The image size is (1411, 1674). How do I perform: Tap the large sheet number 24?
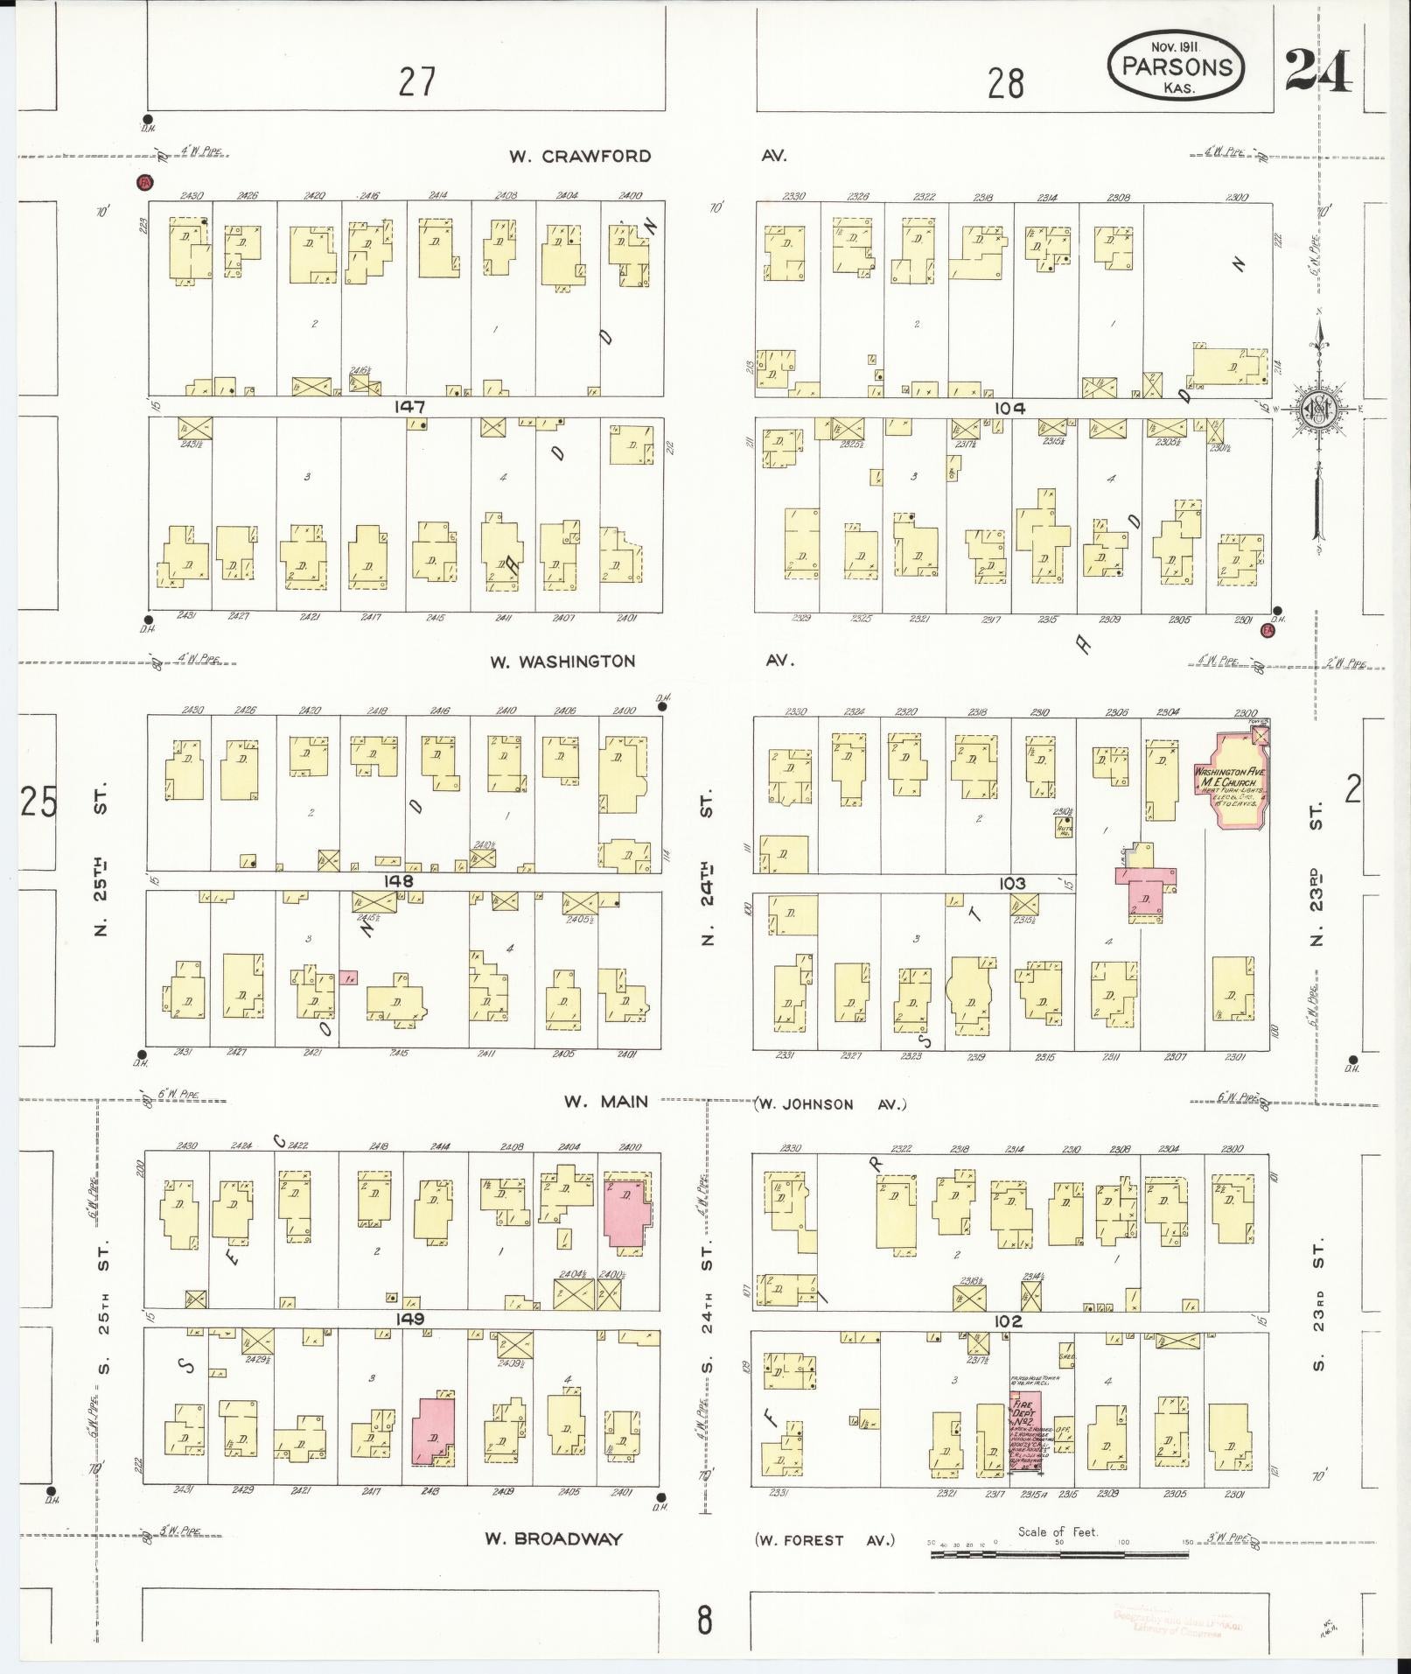click(x=1317, y=71)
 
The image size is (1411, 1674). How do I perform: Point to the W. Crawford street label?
click(x=580, y=157)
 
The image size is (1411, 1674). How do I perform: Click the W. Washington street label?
click(x=562, y=662)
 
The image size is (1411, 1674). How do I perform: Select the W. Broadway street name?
click(x=554, y=1539)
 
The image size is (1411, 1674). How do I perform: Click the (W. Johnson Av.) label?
click(x=829, y=1104)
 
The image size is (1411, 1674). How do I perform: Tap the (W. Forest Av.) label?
click(x=824, y=1540)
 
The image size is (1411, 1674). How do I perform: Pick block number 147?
click(x=409, y=407)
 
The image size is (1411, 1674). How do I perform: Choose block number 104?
click(x=1009, y=408)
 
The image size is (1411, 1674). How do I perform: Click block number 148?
click(x=398, y=881)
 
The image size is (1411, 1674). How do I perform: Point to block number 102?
click(x=1008, y=1320)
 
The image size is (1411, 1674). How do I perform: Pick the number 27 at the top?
click(x=417, y=82)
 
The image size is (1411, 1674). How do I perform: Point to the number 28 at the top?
click(x=1005, y=84)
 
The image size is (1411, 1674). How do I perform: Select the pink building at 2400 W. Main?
click(x=626, y=1211)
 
